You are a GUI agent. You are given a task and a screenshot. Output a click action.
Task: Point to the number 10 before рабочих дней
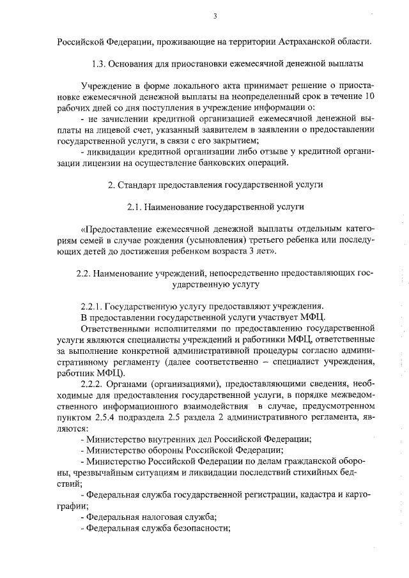(x=369, y=96)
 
